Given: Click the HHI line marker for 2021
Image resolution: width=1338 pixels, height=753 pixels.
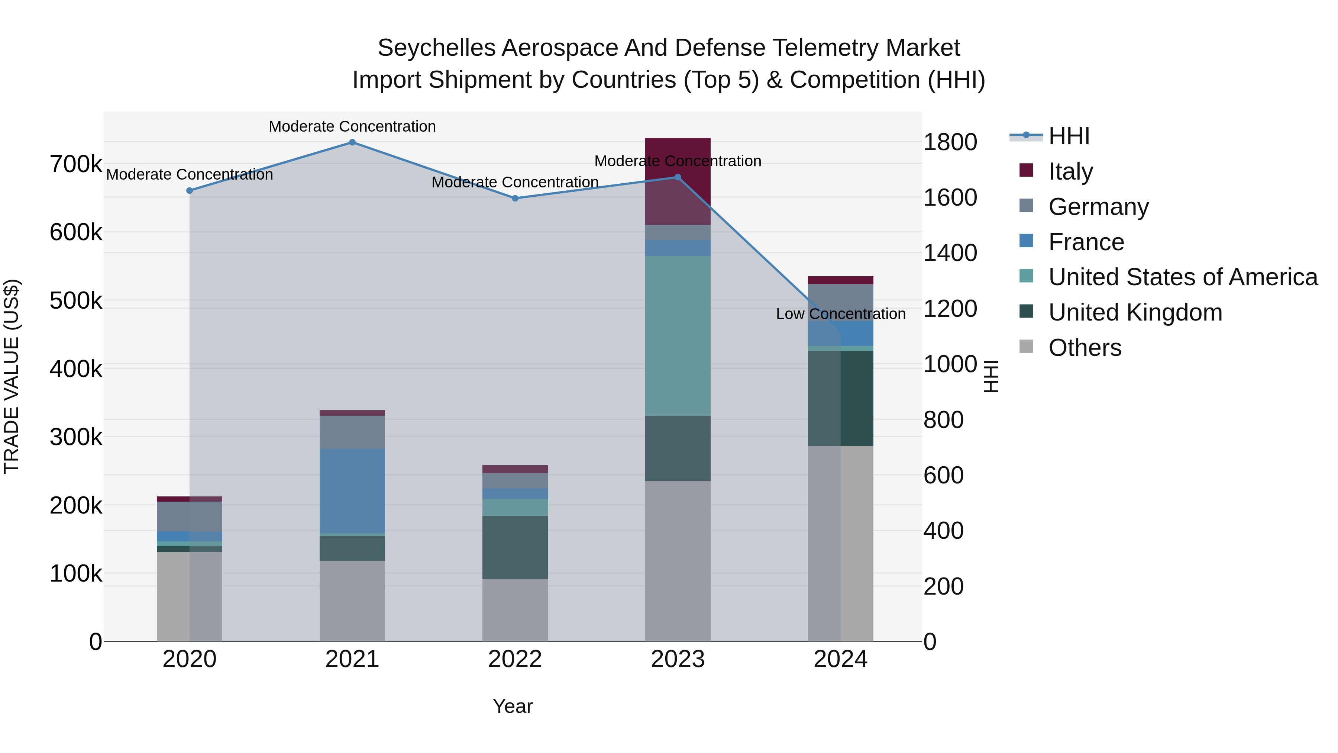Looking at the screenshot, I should pyautogui.click(x=352, y=142).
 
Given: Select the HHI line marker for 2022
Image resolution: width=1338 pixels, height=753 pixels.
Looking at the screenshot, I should pyautogui.click(x=515, y=199).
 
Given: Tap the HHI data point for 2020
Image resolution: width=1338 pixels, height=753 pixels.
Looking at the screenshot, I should pyautogui.click(x=190, y=191).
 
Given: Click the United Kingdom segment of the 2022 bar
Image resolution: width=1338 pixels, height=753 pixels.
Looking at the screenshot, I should pyautogui.click(x=515, y=547).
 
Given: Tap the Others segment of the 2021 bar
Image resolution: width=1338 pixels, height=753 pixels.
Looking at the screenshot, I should pyautogui.click(x=352, y=601).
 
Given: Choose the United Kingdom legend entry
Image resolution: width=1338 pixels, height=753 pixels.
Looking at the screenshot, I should pyautogui.click(x=1135, y=313).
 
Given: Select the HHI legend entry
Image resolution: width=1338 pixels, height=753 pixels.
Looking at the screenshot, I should pyautogui.click(x=1069, y=136).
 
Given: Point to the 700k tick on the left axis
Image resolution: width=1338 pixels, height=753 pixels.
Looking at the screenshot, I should pyautogui.click(x=76, y=164).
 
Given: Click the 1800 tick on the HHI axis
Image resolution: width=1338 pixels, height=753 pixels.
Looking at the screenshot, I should pyautogui.click(x=950, y=142).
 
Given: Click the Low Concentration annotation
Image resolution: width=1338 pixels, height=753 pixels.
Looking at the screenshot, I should pyautogui.click(x=840, y=314).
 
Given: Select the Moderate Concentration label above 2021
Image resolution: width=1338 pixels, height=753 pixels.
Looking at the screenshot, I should pyautogui.click(x=352, y=126).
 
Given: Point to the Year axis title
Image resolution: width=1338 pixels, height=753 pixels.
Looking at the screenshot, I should pyautogui.click(x=513, y=706).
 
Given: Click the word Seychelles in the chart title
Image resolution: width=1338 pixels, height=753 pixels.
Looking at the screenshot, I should pyautogui.click(x=436, y=48).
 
